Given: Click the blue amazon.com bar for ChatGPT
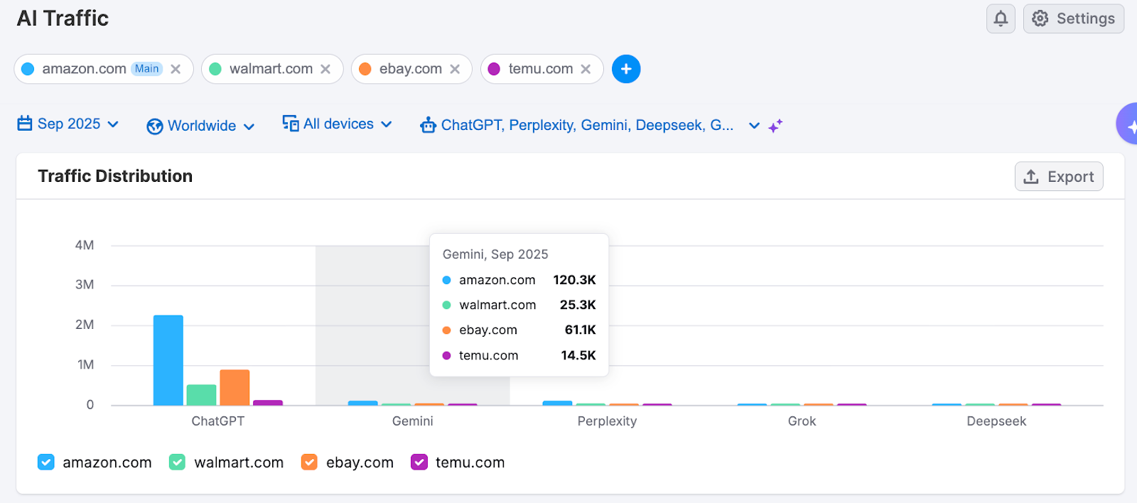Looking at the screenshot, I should click(168, 360).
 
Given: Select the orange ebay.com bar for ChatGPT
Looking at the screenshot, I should click(235, 387).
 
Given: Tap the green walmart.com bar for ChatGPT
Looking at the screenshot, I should click(201, 395).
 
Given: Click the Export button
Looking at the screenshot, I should click(1058, 177).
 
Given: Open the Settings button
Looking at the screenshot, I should click(1073, 18).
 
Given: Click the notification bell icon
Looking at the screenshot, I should click(1000, 18).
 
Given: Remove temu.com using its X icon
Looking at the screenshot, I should click(586, 69).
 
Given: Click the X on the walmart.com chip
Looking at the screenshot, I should click(325, 69).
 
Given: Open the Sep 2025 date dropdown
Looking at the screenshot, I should click(68, 124).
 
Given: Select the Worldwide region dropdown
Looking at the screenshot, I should click(201, 126).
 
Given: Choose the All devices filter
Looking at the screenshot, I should click(338, 124).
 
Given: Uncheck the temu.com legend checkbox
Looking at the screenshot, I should click(419, 463).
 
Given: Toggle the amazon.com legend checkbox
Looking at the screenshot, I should click(46, 463).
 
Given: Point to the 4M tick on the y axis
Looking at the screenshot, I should click(85, 245).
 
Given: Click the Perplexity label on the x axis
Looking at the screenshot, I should click(607, 421).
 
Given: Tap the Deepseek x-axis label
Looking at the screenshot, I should click(996, 421).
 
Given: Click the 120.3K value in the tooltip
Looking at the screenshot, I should click(574, 280).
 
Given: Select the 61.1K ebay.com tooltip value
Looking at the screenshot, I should click(580, 330).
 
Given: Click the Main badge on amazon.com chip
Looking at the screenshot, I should click(147, 69).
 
